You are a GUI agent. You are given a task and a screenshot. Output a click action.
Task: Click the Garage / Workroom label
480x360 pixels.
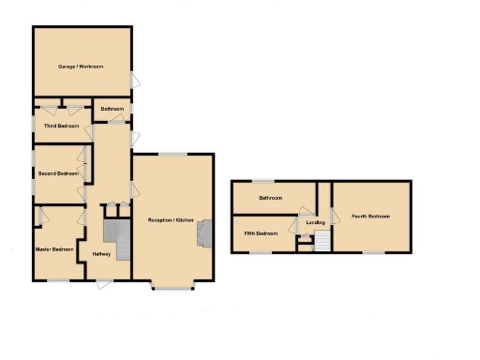point(80,67)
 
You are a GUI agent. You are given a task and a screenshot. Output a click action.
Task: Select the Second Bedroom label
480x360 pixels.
point(58,173)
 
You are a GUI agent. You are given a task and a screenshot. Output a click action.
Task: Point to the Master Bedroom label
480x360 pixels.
point(55,249)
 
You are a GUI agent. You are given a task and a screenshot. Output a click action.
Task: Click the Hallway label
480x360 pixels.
point(102,255)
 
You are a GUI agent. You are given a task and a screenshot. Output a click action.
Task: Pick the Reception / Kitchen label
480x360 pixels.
point(171,219)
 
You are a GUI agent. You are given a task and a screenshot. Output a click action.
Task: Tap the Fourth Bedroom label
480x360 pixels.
point(370,217)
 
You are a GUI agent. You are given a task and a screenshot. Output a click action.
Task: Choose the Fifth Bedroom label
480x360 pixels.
point(261,232)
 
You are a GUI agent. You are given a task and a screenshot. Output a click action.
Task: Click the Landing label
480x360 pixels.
point(315,222)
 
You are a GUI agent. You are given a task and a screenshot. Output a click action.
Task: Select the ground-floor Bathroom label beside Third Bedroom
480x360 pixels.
point(113,110)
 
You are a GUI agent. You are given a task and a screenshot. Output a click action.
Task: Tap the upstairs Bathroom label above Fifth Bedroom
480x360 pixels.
point(271,198)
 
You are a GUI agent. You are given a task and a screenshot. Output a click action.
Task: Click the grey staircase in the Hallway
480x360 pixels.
point(114,232)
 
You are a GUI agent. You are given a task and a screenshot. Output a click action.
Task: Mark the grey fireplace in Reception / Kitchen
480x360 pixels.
point(203,231)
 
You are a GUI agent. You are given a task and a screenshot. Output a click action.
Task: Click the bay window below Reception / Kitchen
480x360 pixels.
point(172,286)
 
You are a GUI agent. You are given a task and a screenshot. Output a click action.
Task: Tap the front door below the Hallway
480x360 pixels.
point(104,283)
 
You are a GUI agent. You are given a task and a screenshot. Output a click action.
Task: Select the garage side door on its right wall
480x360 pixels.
point(134,81)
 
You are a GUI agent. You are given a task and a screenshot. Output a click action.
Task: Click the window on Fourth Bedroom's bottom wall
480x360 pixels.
point(373,252)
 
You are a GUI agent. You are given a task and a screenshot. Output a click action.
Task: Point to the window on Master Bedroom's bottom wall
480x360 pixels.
point(58,280)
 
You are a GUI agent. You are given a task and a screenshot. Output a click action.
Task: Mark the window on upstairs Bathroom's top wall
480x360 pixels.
point(265,181)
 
